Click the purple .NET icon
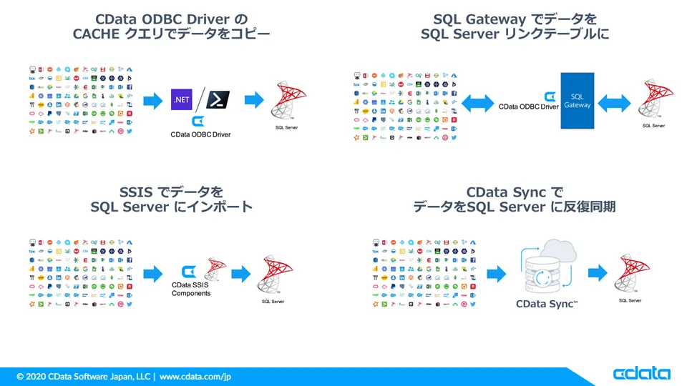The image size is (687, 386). coord(182,100)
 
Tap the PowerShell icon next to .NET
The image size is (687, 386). coord(218,99)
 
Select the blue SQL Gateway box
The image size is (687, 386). coord(578,101)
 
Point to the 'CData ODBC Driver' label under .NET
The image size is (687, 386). coord(200,134)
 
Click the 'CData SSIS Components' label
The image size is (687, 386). coord(191,289)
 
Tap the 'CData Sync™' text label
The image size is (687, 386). coord(547,304)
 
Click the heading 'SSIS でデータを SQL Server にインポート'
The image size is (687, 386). coord(172,199)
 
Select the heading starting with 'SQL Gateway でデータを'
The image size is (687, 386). coord(515,26)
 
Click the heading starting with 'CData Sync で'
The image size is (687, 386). coord(515,199)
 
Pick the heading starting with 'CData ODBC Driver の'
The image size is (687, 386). coord(172,26)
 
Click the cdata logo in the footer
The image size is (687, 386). coord(641,373)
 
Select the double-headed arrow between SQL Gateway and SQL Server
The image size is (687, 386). coord(614,101)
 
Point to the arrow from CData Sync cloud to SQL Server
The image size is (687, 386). coord(598,273)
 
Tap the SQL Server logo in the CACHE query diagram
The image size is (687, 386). coord(286,101)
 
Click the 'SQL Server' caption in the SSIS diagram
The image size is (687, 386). coord(273,302)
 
